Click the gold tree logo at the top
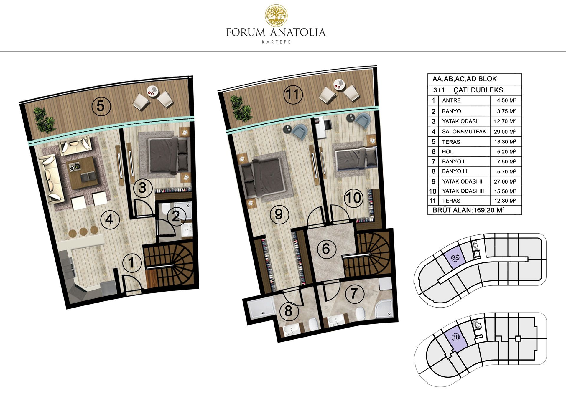[276, 15]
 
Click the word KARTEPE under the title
[276, 42]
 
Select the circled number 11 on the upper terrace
[293, 95]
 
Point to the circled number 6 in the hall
[326, 249]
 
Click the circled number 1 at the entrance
[131, 262]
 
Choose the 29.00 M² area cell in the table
[505, 132]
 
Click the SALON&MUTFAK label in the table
[464, 132]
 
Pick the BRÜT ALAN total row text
[468, 210]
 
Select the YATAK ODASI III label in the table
[463, 191]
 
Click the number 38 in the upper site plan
[455, 258]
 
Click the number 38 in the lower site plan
[455, 337]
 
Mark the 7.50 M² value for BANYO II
[505, 161]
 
